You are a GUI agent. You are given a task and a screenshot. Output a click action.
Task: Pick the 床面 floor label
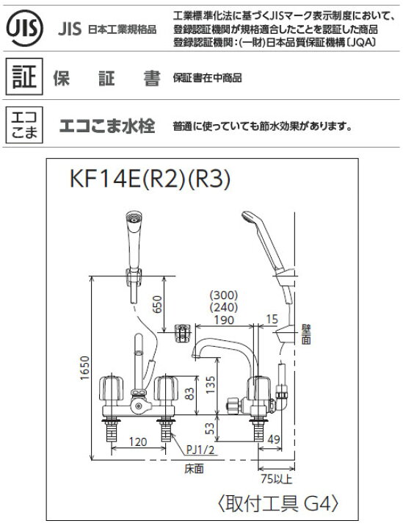(195, 467)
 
